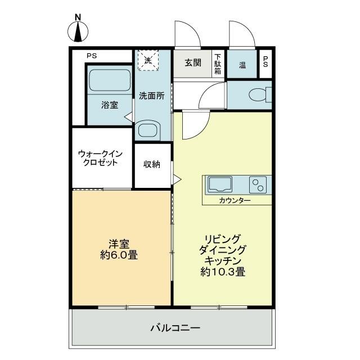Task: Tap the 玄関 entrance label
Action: tap(193, 64)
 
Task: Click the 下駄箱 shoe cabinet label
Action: tap(218, 64)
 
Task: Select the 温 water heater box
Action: tap(242, 65)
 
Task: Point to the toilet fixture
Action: tap(258, 94)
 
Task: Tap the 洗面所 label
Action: tap(151, 96)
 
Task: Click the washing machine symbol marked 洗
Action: tap(148, 60)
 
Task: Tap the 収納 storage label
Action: tap(152, 164)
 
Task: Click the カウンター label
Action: tap(236, 201)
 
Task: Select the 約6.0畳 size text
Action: tap(120, 255)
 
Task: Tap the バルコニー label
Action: tap(175, 327)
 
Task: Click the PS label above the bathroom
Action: tap(92, 56)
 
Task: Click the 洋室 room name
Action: tap(119, 244)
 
